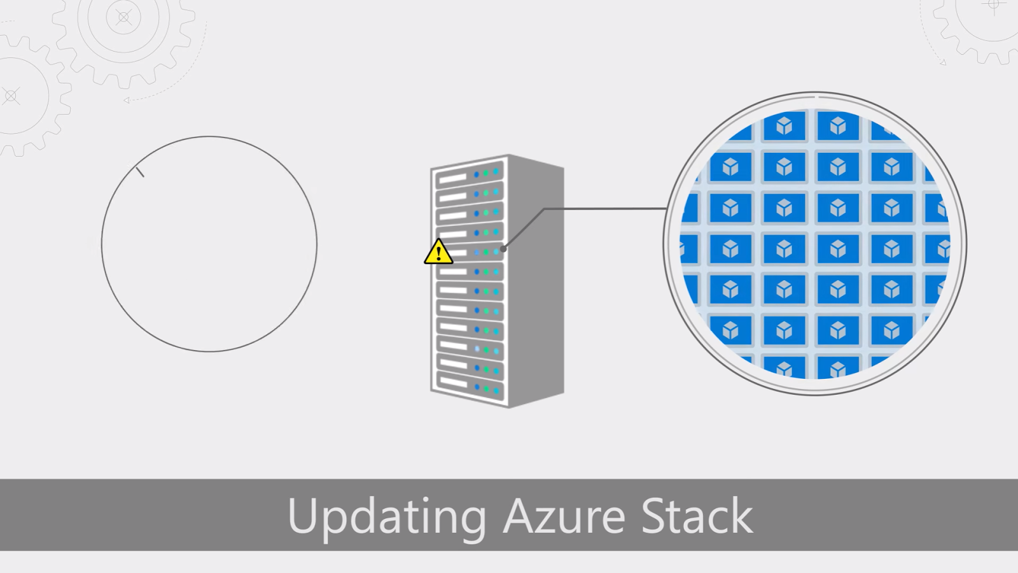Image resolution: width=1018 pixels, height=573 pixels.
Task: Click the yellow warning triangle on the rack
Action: pos(438,253)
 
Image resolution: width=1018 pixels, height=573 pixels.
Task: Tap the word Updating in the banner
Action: pos(387,516)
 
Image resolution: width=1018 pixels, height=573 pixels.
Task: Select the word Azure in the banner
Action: pos(564,516)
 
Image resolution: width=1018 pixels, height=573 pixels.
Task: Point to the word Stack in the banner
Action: pos(697,516)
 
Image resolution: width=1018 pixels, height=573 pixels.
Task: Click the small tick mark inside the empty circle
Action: pos(140,171)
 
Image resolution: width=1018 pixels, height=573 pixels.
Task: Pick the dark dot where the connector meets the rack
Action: pos(503,249)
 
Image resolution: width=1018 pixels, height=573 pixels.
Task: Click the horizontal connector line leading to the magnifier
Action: pos(604,208)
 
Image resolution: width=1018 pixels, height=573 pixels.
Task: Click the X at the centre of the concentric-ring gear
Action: pos(124,17)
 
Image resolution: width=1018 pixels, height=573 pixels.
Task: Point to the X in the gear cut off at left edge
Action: pos(11,97)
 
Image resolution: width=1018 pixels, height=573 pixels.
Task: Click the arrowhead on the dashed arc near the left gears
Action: pos(127,100)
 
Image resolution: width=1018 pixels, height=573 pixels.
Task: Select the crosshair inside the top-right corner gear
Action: pos(994,5)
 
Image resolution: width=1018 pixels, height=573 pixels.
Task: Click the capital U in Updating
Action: pos(302,515)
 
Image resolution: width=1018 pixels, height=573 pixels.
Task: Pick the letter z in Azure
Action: pos(541,519)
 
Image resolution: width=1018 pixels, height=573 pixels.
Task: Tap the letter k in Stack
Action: pos(741,515)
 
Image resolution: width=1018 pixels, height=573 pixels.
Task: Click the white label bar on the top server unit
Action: pos(452,178)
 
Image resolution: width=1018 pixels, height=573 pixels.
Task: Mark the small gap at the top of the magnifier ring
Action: pos(816,97)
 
